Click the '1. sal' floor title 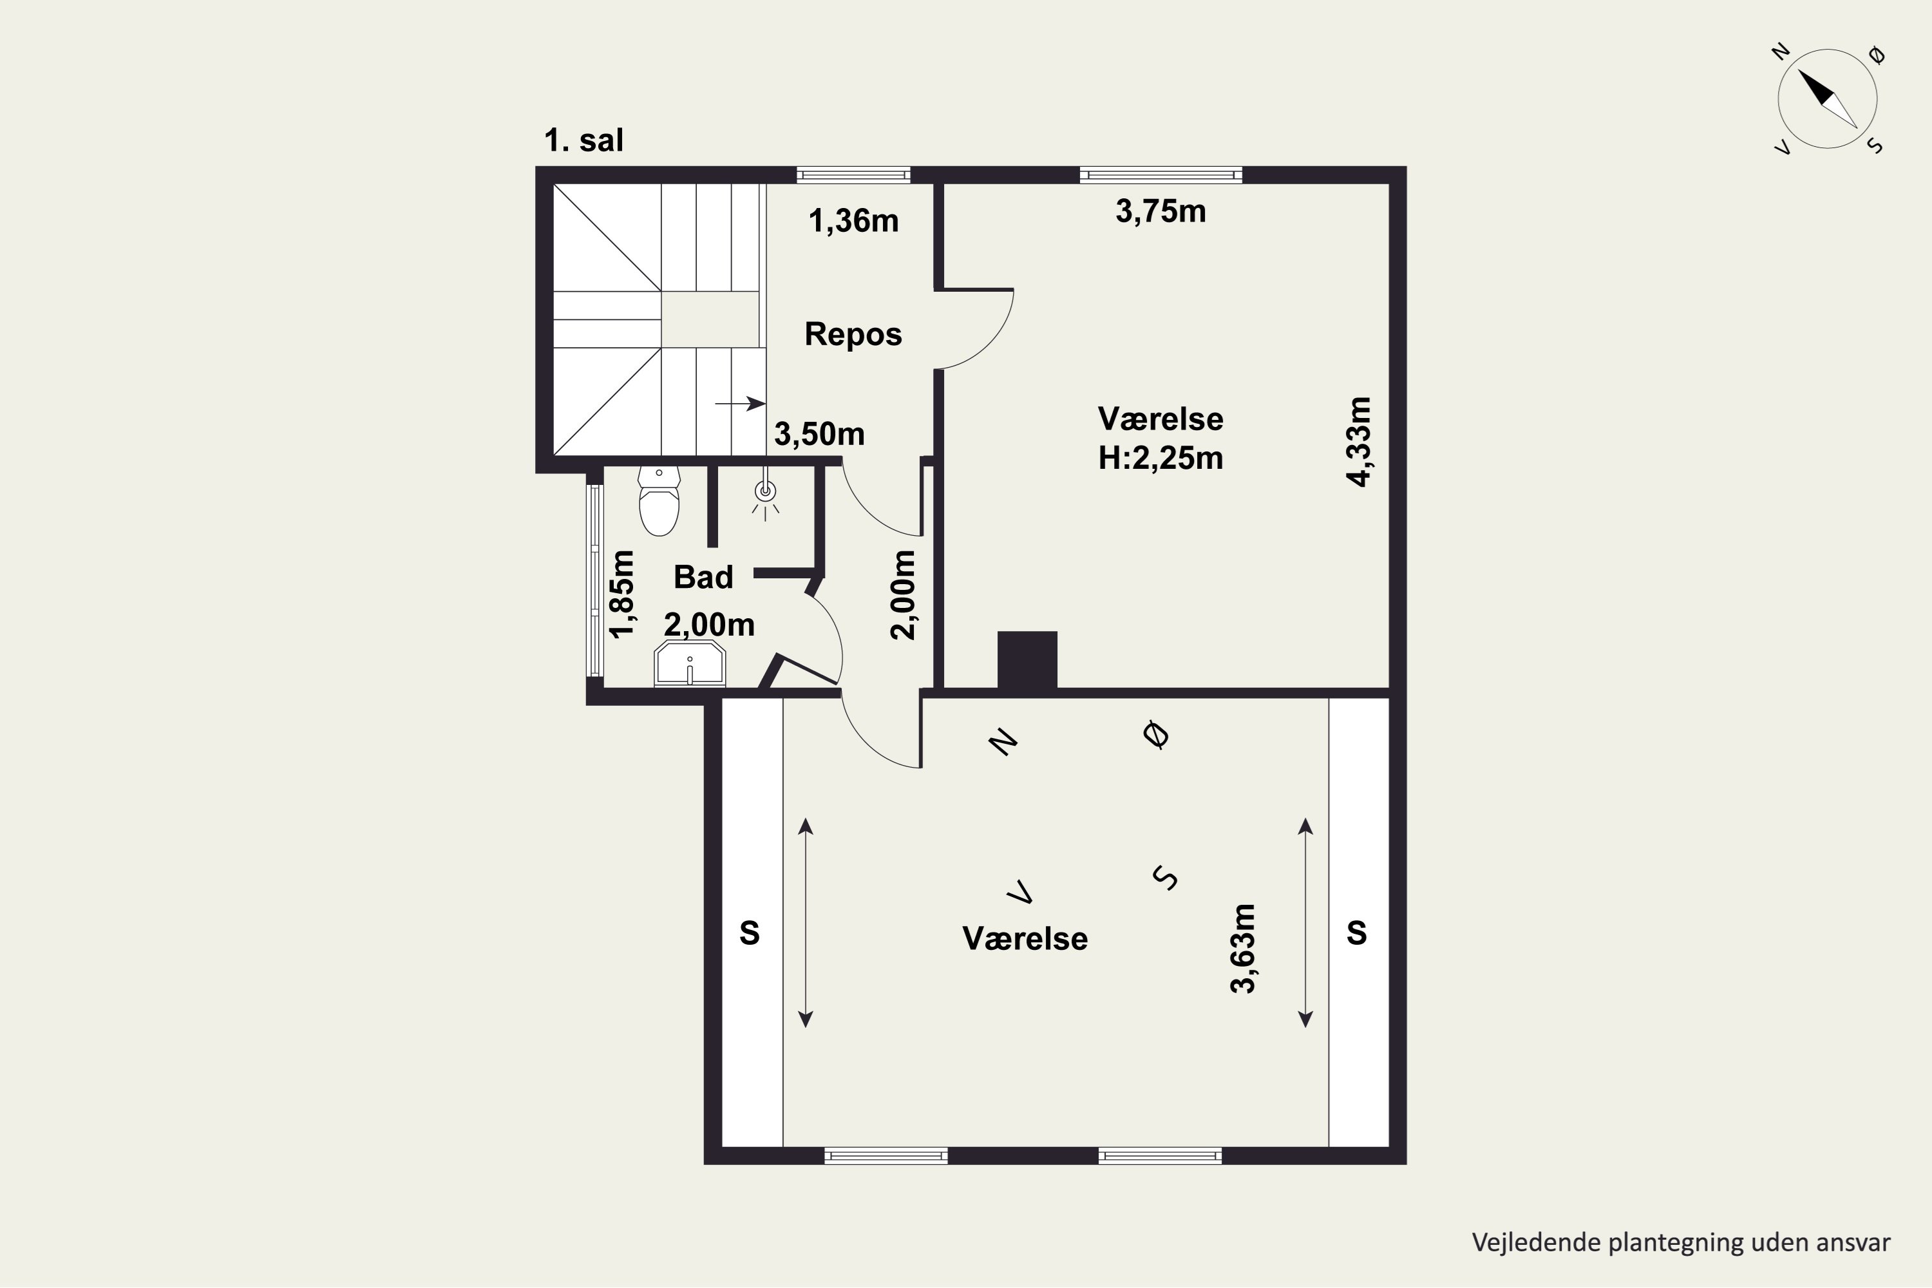point(583,140)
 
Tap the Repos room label point(853,334)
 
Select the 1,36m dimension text point(853,221)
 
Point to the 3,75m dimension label point(1160,212)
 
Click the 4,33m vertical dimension point(1359,442)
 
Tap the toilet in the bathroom point(659,500)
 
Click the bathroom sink point(690,664)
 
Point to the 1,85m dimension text point(622,594)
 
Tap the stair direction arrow point(740,403)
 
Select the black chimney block point(1027,659)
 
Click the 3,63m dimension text point(1243,949)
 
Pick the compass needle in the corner point(1828,98)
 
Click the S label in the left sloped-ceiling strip point(749,933)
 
